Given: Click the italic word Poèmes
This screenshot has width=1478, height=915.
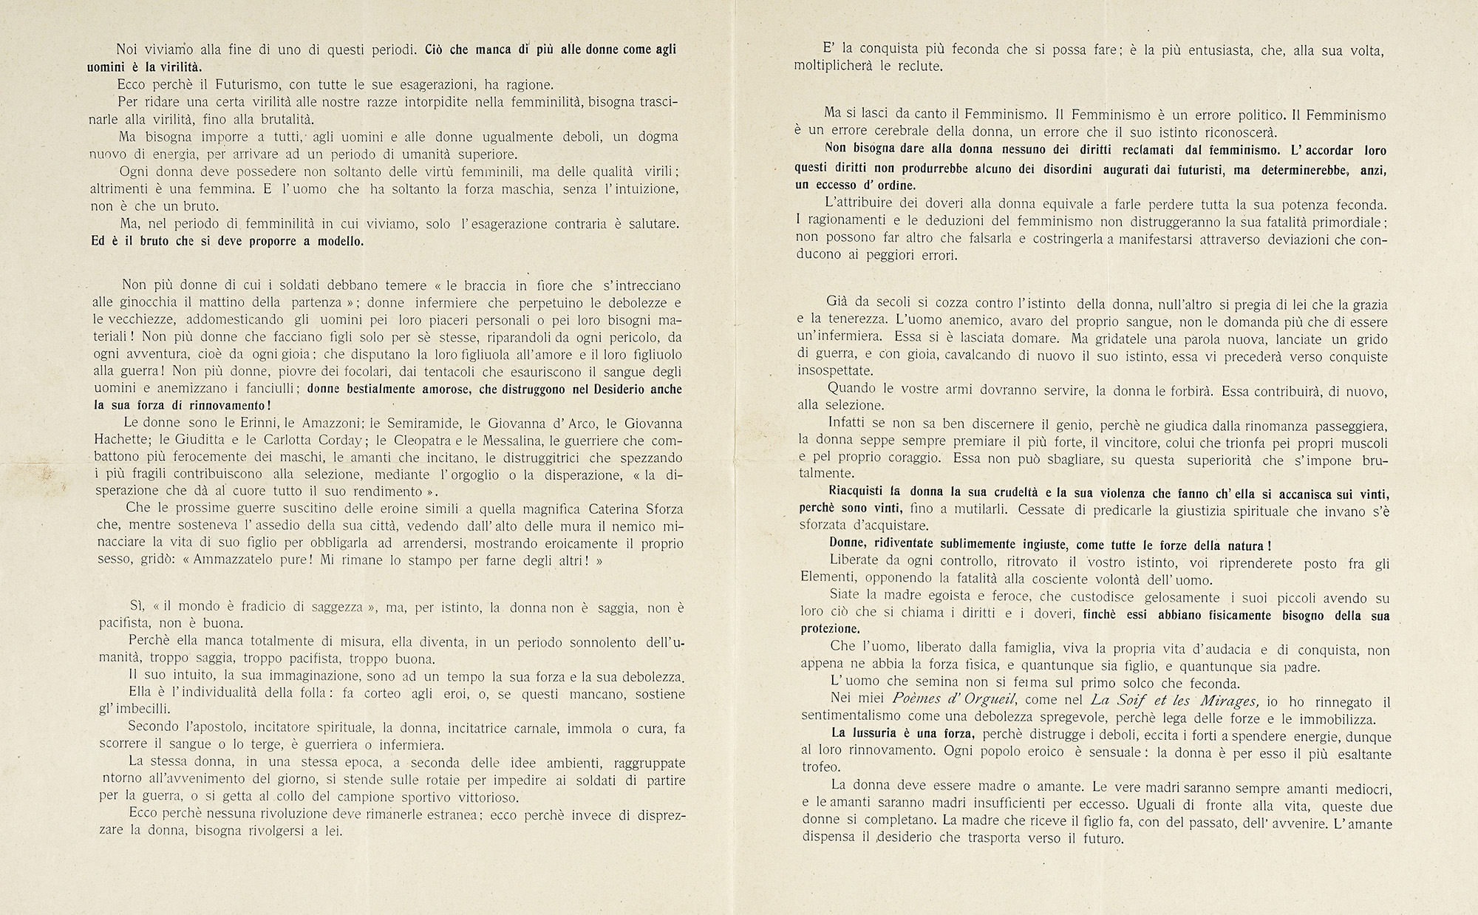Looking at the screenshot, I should (919, 702).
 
